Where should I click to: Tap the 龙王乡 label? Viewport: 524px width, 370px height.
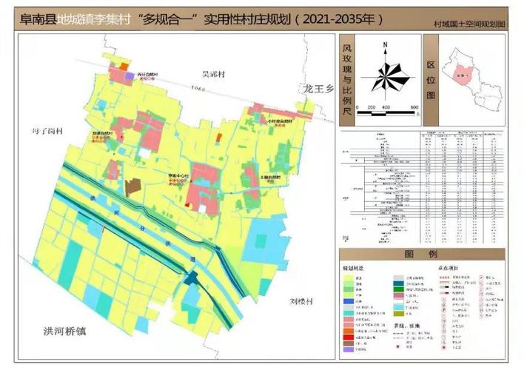pos(319,88)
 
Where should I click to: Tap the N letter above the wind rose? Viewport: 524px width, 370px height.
pos(386,47)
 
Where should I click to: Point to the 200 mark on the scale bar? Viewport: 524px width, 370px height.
pos(372,107)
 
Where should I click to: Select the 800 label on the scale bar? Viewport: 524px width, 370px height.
pos(414,107)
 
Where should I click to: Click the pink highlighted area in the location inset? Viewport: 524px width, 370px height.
pos(463,74)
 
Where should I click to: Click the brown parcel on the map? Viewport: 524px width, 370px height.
pos(133,186)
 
